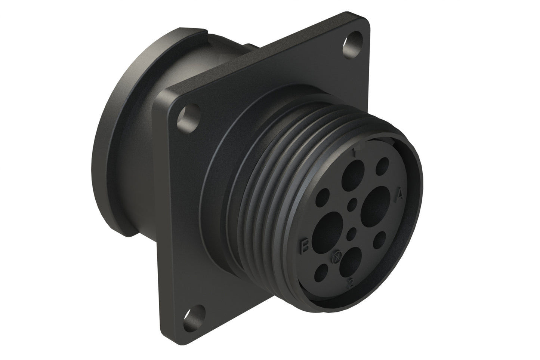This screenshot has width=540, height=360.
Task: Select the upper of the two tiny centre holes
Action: coord(352,204)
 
